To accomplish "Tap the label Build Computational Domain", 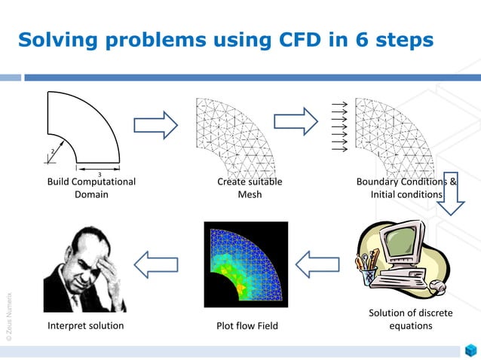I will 91,188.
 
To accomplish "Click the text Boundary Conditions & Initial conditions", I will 406,188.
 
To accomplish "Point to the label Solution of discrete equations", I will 410,319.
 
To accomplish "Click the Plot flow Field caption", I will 247,326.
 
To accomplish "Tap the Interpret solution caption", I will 85,326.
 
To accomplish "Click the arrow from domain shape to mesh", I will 155,124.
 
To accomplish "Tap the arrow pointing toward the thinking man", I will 156,264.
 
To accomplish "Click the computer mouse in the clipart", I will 437,287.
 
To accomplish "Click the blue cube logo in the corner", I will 470,350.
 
